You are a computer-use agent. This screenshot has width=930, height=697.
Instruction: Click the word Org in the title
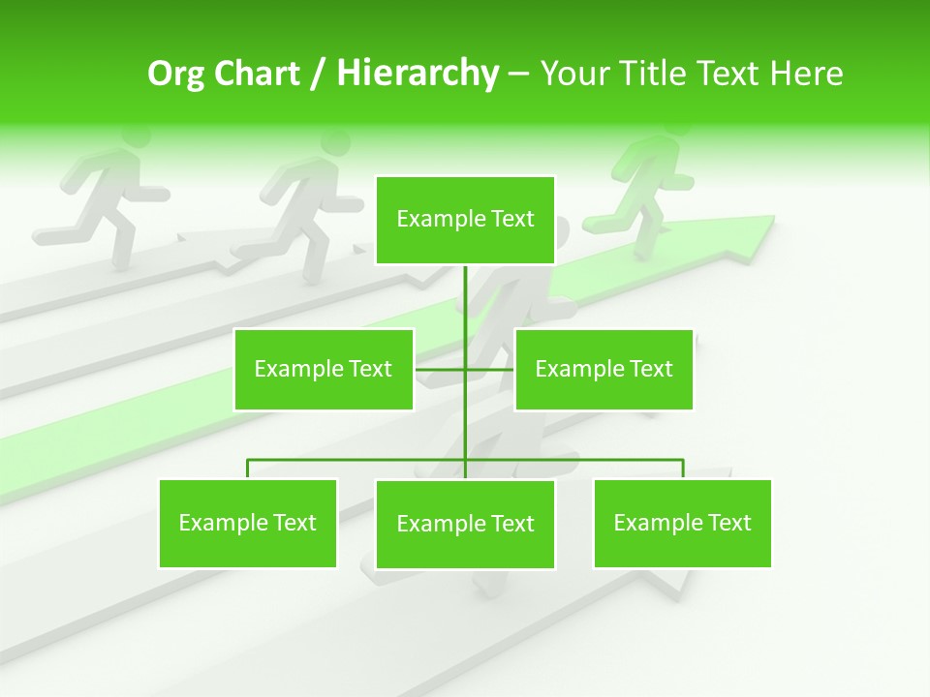coord(171,73)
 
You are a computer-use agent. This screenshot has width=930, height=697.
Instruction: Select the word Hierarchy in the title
coord(417,73)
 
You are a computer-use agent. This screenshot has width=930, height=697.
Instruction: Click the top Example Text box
coord(465,220)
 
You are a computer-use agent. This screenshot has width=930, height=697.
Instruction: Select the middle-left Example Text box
coord(323,369)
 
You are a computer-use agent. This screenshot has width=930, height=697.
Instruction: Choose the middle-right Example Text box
coord(604,369)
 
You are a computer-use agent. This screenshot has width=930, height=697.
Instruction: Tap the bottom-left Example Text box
coord(247,523)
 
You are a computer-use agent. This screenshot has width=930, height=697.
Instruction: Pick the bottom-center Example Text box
coord(465,524)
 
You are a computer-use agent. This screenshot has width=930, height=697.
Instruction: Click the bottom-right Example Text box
coord(682,523)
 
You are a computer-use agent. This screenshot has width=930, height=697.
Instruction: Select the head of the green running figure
coord(666,124)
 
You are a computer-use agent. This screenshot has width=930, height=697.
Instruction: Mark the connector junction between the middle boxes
coord(465,369)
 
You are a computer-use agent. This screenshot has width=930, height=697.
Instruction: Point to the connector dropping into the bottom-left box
coord(247,469)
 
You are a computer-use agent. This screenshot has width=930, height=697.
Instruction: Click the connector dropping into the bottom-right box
coord(683,469)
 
